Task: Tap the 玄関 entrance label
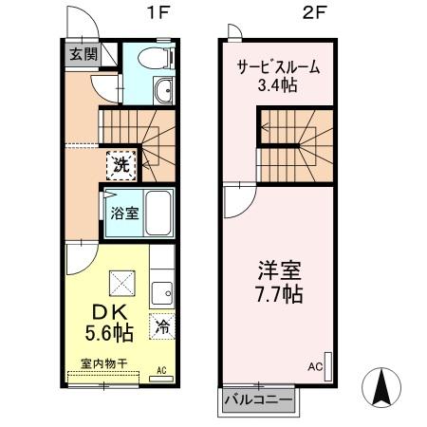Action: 81,53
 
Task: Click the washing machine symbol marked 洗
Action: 122,163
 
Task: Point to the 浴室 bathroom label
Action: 123,213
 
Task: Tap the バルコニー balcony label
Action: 258,399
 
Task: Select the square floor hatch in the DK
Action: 121,282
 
